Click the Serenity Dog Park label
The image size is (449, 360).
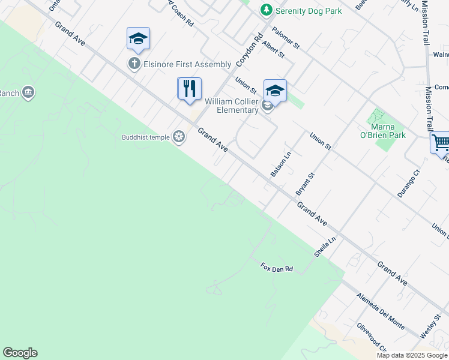pyautogui.click(x=308, y=11)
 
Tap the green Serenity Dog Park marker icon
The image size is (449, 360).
pyautogui.click(x=266, y=11)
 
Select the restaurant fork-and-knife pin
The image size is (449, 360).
pyautogui.click(x=189, y=89)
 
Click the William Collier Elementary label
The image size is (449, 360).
pyautogui.click(x=231, y=106)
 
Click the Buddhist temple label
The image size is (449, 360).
pyautogui.click(x=146, y=137)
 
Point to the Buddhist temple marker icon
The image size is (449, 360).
pyautogui.click(x=178, y=137)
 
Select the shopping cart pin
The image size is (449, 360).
pyautogui.click(x=440, y=143)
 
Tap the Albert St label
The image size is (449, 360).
pyautogui.click(x=273, y=51)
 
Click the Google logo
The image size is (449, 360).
pyautogui.click(x=20, y=353)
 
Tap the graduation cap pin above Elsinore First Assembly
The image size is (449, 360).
pyautogui.click(x=138, y=40)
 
